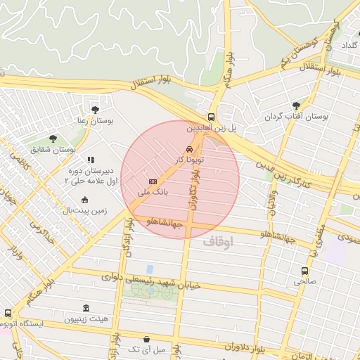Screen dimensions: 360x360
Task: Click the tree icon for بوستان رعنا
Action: click(95, 109)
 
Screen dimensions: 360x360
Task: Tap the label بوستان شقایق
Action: click(53, 150)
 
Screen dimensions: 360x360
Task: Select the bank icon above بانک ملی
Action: click(152, 181)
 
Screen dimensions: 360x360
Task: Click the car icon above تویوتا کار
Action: click(189, 150)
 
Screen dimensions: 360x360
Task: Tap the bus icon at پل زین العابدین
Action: click(212, 117)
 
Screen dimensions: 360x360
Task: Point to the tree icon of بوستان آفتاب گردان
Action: click(295, 105)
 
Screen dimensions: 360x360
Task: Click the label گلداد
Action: click(349, 45)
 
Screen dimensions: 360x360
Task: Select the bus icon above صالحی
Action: click(304, 271)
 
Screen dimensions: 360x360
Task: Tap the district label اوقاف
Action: click(217, 241)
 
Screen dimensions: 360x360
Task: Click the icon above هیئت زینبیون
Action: click(86, 309)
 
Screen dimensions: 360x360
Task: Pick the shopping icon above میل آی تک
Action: click(146, 339)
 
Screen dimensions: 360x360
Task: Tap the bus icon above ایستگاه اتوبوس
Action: click(8, 313)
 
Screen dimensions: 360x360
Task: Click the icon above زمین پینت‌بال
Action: click(85, 200)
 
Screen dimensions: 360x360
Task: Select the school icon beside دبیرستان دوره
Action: click(90, 160)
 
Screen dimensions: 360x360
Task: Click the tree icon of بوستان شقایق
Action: click(53, 139)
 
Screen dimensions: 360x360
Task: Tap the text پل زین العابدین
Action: click(212, 129)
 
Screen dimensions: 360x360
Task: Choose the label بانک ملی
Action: click(152, 192)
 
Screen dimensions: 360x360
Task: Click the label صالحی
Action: click(304, 281)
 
